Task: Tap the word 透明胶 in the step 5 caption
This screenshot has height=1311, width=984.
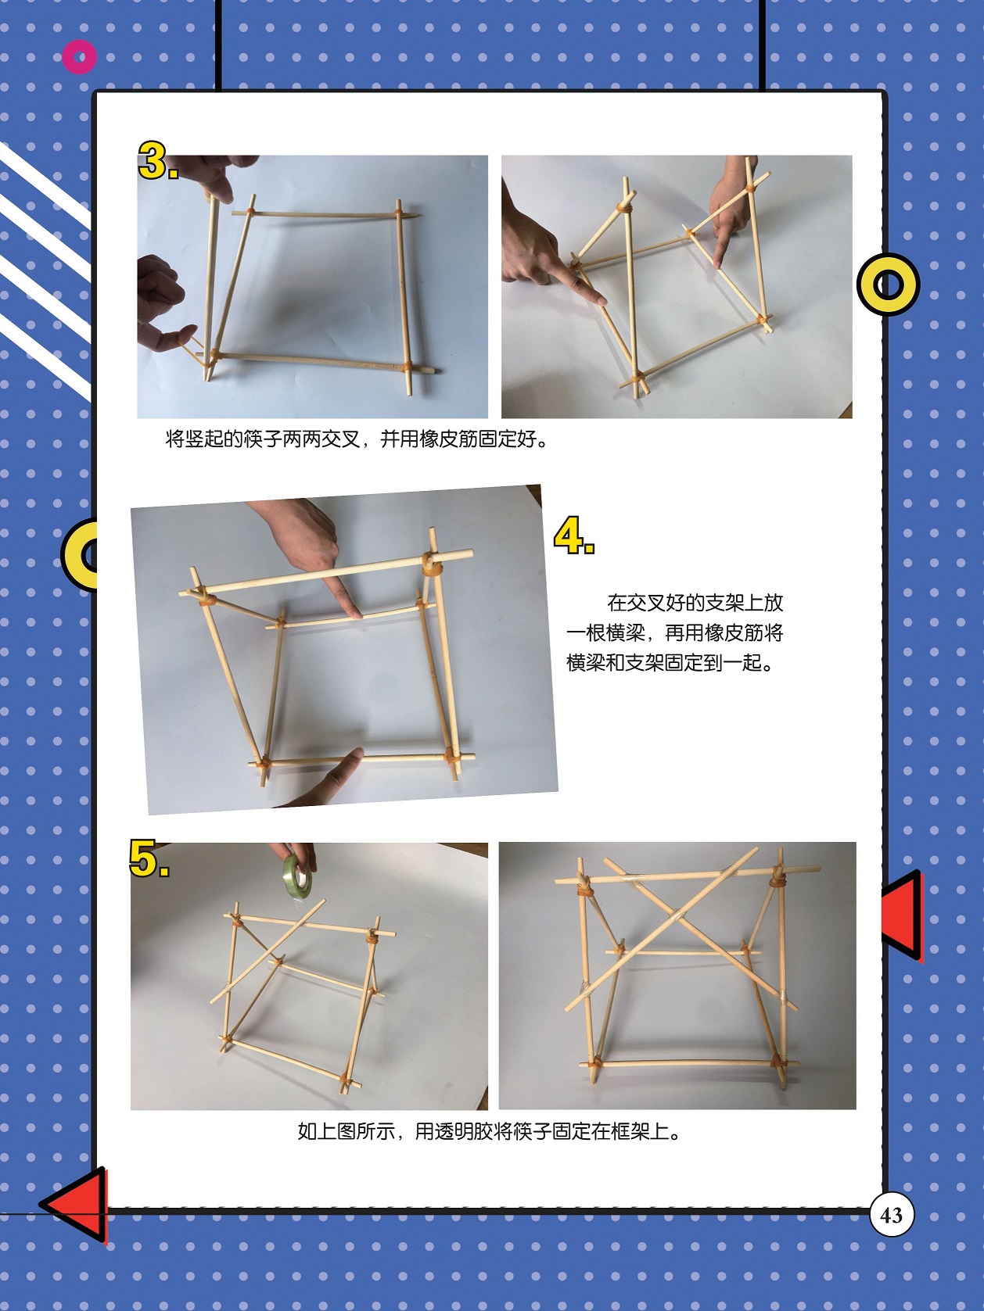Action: (x=464, y=1131)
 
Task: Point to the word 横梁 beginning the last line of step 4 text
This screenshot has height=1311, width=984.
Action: (x=586, y=662)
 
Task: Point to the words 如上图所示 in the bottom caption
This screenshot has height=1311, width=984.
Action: (x=346, y=1131)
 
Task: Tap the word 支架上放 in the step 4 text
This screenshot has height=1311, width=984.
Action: (x=745, y=603)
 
